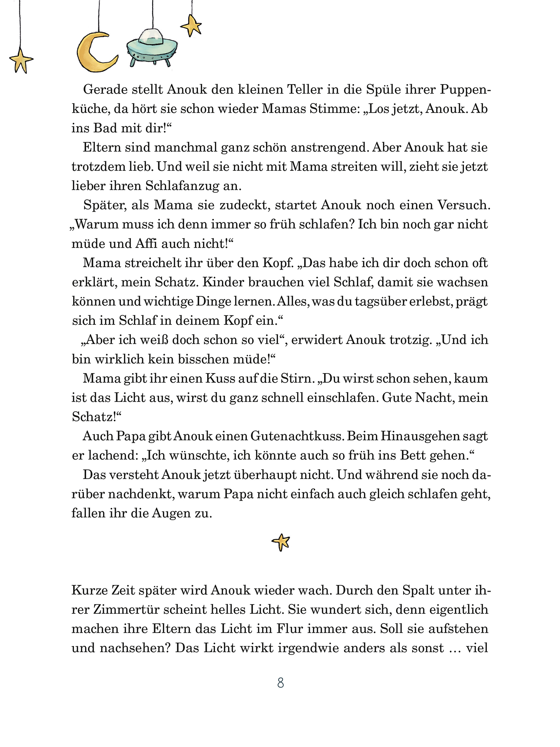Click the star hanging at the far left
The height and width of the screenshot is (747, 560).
[x=21, y=61]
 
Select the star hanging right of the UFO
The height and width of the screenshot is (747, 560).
[x=192, y=26]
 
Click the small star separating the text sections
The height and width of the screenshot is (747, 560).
[x=281, y=542]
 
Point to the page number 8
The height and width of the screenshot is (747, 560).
[x=281, y=683]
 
